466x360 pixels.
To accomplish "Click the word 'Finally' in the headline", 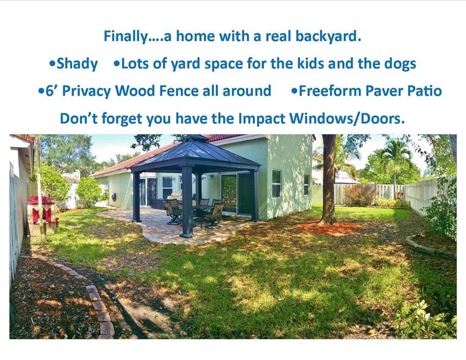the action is [125, 36].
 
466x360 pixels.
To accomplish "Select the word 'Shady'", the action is [77, 64].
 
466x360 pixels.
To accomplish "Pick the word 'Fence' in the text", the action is [179, 91].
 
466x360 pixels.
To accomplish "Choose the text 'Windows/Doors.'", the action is [347, 119].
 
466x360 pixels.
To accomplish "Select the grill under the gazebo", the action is [175, 195].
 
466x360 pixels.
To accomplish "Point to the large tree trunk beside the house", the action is [329, 179].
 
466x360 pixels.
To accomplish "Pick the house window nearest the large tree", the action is [306, 185].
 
